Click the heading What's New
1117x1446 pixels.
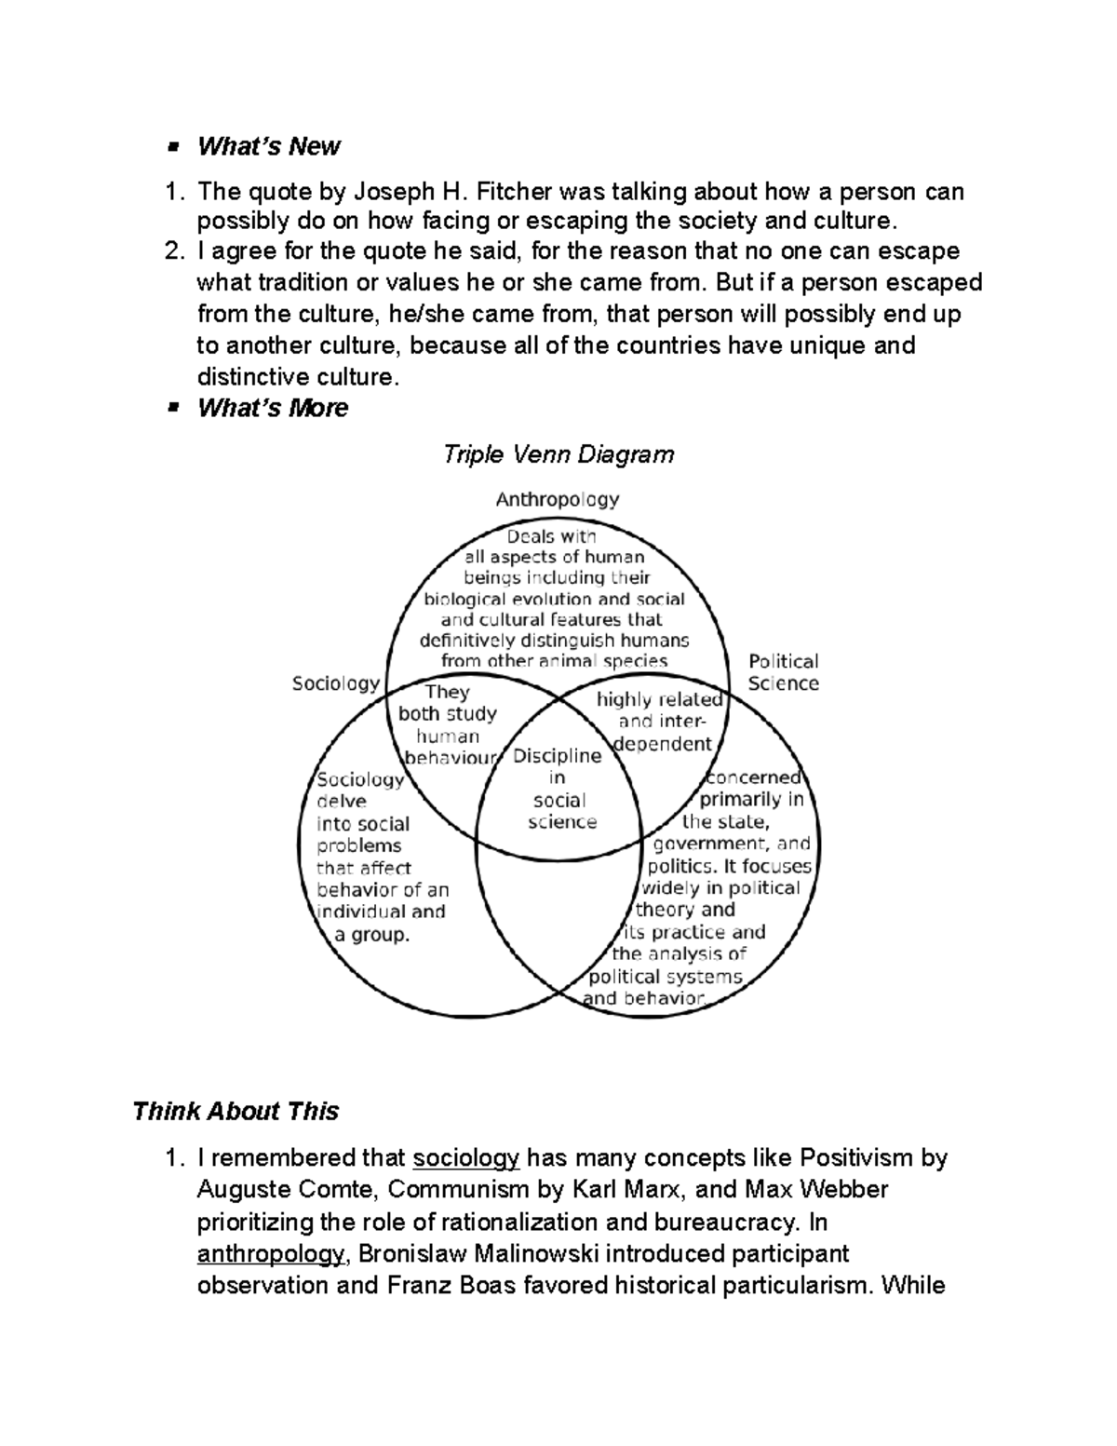[268, 146]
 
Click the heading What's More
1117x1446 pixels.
[272, 408]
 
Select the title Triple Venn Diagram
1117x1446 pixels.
[558, 454]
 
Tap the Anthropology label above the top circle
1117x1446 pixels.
[557, 499]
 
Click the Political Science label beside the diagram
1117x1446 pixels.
[783, 672]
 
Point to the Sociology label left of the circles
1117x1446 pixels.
[335, 683]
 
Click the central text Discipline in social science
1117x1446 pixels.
[558, 789]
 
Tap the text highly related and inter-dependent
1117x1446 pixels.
[661, 722]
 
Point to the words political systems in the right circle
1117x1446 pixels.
[666, 977]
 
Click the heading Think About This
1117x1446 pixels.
[235, 1111]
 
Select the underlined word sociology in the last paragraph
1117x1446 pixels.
[465, 1158]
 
